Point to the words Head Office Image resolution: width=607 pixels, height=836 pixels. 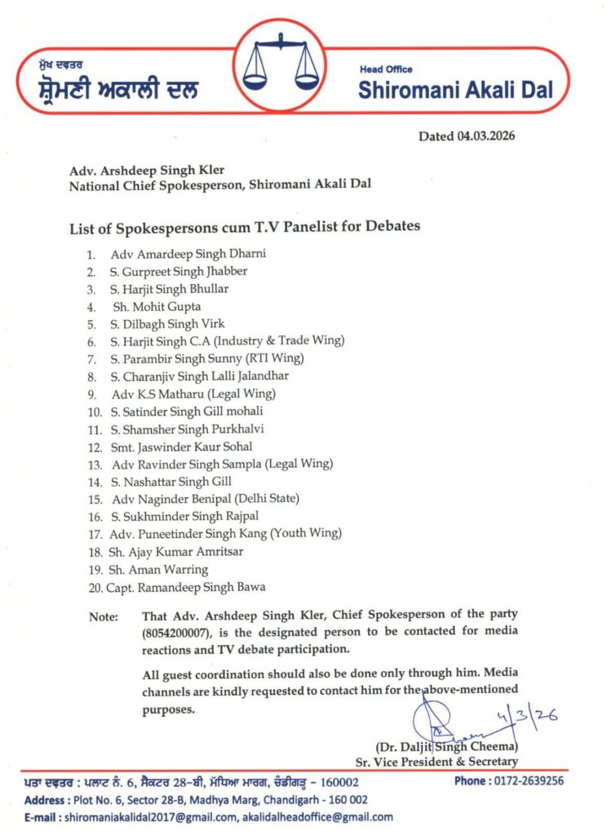click(x=386, y=69)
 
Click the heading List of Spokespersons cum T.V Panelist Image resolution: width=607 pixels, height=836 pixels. click(x=245, y=226)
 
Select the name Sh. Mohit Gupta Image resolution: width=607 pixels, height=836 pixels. click(x=157, y=307)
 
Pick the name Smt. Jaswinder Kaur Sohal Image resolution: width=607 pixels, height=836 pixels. click(x=182, y=447)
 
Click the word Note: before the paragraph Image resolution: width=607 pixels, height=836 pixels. click(x=103, y=617)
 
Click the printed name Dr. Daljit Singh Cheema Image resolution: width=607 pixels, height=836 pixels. click(x=446, y=746)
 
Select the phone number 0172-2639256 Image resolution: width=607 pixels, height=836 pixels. click(x=520, y=780)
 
